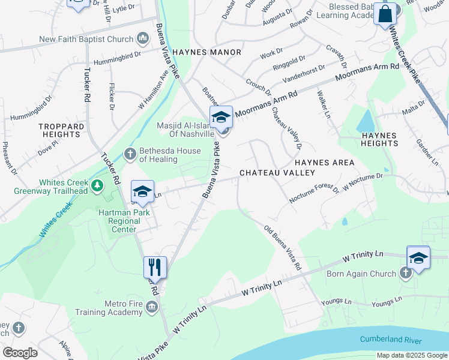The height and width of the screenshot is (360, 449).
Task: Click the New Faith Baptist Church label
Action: click(x=86, y=40)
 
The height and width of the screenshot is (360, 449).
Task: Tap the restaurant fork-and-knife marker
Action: click(x=155, y=268)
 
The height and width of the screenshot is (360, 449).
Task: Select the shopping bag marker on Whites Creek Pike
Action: click(x=385, y=13)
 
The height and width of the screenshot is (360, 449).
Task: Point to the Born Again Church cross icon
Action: click(x=406, y=274)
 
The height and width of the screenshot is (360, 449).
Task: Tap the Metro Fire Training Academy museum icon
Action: click(x=151, y=307)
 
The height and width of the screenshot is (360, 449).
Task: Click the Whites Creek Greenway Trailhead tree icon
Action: click(x=95, y=187)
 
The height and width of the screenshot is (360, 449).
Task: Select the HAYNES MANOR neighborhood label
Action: click(x=206, y=52)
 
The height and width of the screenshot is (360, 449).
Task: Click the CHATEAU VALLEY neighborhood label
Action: click(x=277, y=173)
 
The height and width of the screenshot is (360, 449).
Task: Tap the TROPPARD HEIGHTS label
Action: click(x=61, y=130)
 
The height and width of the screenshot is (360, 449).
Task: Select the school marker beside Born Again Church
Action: click(x=418, y=258)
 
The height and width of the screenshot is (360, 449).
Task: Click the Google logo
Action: click(x=20, y=352)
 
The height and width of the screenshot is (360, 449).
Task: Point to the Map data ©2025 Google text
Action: click(x=411, y=355)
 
